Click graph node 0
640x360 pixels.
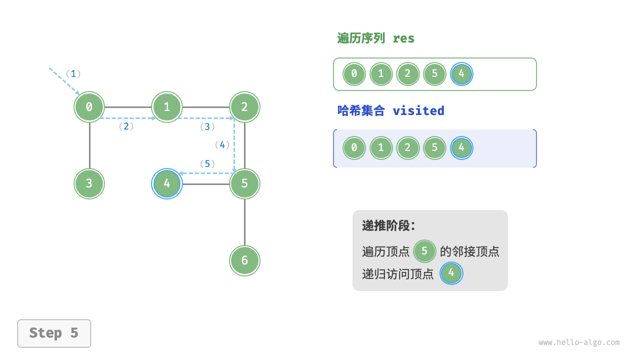tap(89, 107)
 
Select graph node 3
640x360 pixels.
tap(89, 183)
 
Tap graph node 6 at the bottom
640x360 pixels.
tap(244, 260)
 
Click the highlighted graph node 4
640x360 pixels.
tap(167, 183)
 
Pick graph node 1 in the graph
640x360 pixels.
tap(167, 107)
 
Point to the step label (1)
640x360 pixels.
tap(73, 74)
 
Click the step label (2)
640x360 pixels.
tap(126, 126)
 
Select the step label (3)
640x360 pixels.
tap(207, 127)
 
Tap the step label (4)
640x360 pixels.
tap(222, 145)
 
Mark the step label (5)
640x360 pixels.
tap(207, 164)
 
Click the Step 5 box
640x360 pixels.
tap(54, 333)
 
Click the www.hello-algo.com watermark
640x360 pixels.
tap(579, 342)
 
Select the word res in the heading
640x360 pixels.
tap(403, 38)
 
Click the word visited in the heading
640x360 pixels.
tap(418, 110)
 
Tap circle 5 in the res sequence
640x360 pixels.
tap(434, 74)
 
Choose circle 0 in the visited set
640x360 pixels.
tap(354, 148)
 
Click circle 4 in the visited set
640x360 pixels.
tap(461, 148)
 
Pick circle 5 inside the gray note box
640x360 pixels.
tap(424, 251)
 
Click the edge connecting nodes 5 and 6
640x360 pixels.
tap(244, 222)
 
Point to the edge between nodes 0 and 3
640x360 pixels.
tap(89, 145)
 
